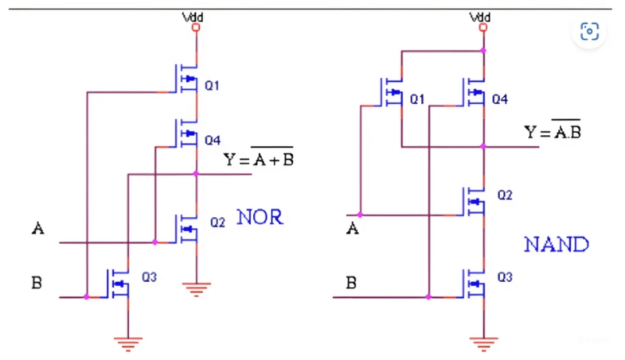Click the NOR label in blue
coord(259,218)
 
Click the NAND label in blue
coord(555,245)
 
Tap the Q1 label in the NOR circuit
coord(211,86)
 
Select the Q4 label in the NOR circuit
coord(212,141)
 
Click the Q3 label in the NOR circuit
coord(148,276)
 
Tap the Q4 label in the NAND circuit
coord(501,100)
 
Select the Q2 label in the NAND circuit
coord(505,194)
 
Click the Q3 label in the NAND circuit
coord(505,277)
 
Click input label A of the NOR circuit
coord(37,229)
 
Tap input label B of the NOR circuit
coord(37,283)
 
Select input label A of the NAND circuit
coord(352,228)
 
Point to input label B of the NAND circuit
coord(352,282)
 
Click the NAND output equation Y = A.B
coord(552,130)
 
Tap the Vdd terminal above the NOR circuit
coord(195,27)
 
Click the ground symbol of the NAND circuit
coord(484,341)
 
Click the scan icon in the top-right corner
coord(589,31)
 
